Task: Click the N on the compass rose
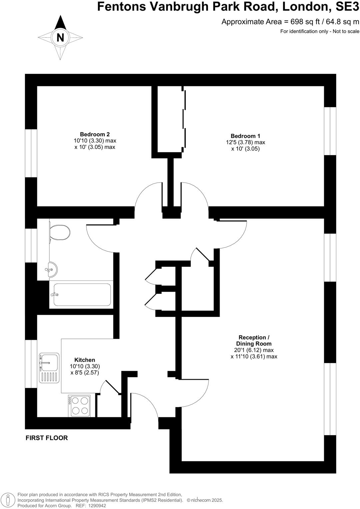60,38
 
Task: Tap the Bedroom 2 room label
95,134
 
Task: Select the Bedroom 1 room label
245,136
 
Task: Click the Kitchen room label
85,360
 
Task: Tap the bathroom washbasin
52,269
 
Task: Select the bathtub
82,294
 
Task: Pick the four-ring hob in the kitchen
79,405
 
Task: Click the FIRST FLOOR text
47,438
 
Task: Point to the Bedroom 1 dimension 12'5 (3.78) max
245,142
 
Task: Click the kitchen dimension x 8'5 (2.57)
85,372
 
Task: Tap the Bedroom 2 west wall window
31,153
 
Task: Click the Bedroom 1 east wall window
330,131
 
